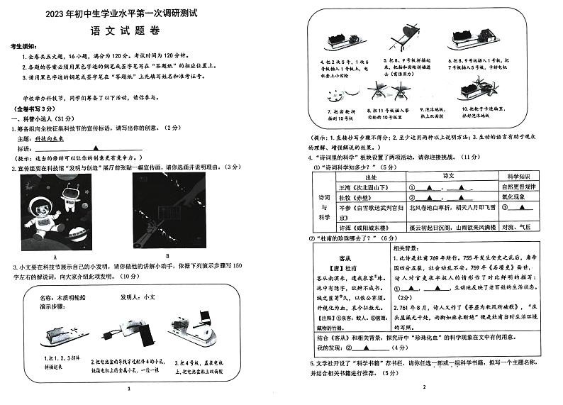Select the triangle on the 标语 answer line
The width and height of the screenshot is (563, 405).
(95, 149)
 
